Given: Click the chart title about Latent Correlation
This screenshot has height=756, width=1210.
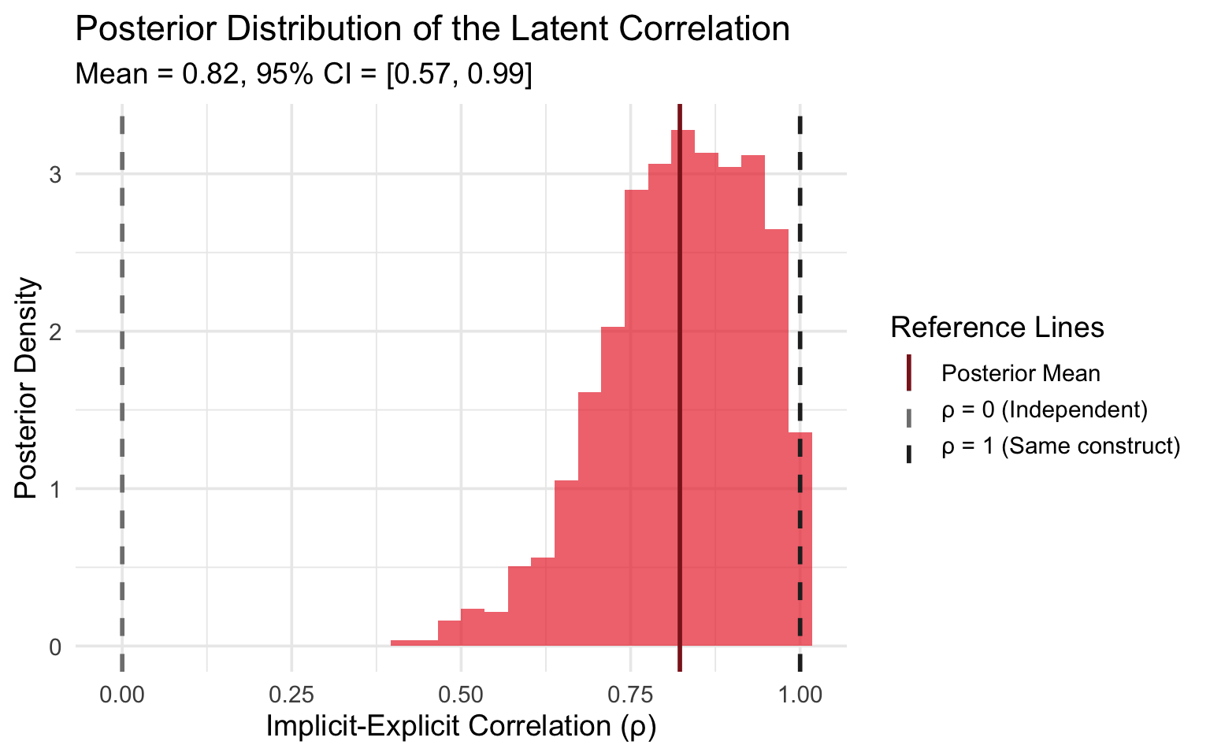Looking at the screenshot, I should pyautogui.click(x=432, y=30).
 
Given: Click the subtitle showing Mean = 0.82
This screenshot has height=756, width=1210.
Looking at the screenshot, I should pyautogui.click(x=303, y=74).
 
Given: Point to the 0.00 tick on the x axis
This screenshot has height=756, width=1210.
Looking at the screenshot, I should pyautogui.click(x=122, y=695).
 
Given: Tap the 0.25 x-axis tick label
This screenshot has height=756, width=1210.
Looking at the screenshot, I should pyautogui.click(x=291, y=695).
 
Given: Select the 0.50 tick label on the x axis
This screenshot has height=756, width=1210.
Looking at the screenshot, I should pyautogui.click(x=461, y=695).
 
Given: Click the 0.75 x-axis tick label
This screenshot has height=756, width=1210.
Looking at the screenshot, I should pyautogui.click(x=630, y=695).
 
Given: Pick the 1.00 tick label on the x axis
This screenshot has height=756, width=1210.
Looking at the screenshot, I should pyautogui.click(x=800, y=695).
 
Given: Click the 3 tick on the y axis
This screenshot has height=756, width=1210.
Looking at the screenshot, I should pyautogui.click(x=56, y=174).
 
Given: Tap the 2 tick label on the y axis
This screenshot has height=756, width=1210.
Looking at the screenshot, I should pyautogui.click(x=56, y=332).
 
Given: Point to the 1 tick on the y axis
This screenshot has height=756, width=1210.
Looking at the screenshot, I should pyautogui.click(x=56, y=489).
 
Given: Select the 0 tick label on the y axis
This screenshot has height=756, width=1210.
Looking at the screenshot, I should pyautogui.click(x=56, y=647).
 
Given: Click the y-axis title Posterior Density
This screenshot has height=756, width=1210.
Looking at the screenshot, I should pyautogui.click(x=27, y=387).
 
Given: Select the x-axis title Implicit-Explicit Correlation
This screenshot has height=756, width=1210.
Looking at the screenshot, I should pyautogui.click(x=461, y=726).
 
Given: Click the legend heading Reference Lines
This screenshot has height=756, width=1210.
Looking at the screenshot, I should pyautogui.click(x=997, y=328).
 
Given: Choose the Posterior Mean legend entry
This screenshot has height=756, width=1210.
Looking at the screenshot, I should pyautogui.click(x=1021, y=372).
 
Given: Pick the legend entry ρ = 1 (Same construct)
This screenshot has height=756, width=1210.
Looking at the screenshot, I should pyautogui.click(x=1060, y=447).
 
